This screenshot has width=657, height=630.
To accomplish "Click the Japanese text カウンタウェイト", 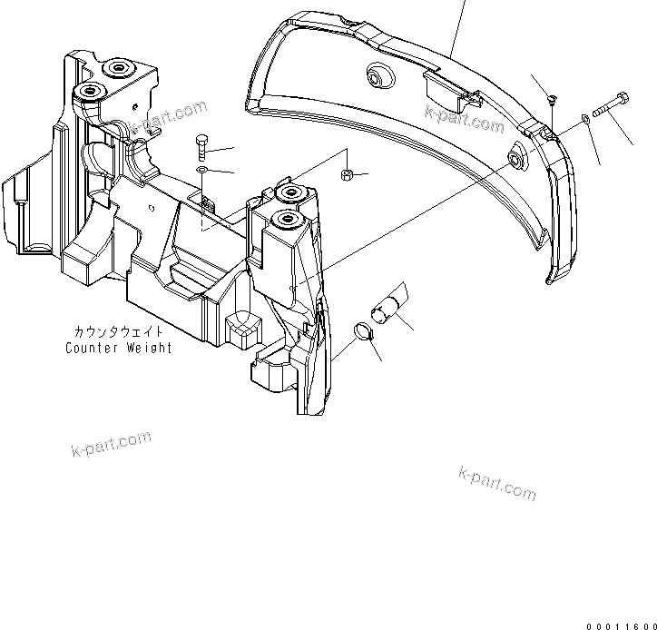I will (118, 333).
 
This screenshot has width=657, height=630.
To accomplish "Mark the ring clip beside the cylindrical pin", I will (362, 330).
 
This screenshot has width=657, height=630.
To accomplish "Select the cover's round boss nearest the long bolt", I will (518, 160).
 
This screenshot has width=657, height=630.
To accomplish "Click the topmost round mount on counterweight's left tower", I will (117, 68).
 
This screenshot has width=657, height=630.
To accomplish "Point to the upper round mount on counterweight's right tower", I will (290, 192).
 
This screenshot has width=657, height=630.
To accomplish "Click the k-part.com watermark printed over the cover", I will (464, 118).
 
